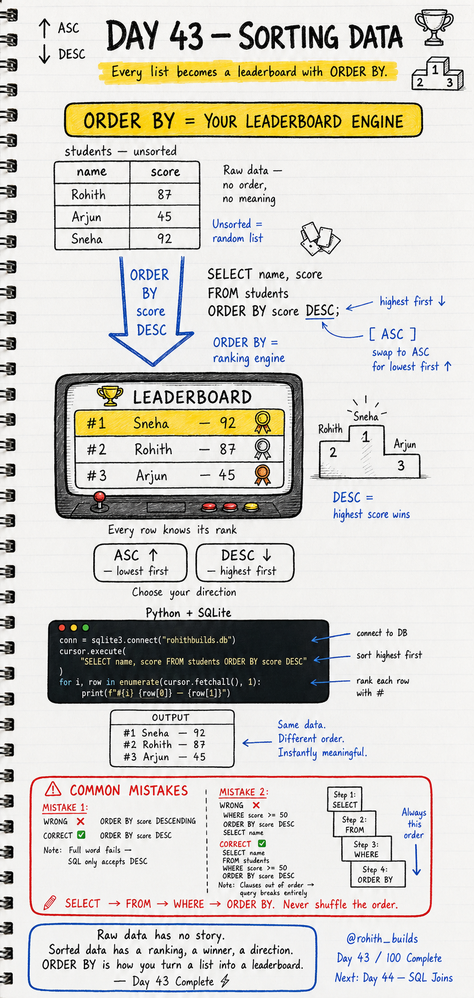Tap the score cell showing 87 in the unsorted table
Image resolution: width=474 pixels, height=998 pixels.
(165, 195)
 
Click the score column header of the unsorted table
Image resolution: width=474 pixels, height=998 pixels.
(165, 172)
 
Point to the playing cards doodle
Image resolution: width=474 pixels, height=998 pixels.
(320, 239)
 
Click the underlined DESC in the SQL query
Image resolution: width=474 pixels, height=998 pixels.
(320, 311)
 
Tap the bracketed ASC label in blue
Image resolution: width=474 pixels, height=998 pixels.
(392, 334)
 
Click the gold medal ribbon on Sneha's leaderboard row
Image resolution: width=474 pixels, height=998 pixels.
(263, 423)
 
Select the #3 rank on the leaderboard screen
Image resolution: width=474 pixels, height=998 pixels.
(97, 475)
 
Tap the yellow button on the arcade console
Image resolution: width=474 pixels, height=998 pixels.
(251, 507)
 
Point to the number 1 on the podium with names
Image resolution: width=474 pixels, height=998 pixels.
(365, 437)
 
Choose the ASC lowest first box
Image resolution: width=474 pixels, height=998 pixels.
(140, 562)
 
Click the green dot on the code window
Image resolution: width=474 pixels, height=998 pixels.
(85, 628)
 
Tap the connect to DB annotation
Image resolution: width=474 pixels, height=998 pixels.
(382, 633)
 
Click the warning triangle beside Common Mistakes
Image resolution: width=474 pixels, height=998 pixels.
(53, 789)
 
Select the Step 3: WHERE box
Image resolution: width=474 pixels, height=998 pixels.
(366, 849)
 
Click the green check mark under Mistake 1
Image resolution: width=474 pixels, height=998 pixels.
(81, 835)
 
